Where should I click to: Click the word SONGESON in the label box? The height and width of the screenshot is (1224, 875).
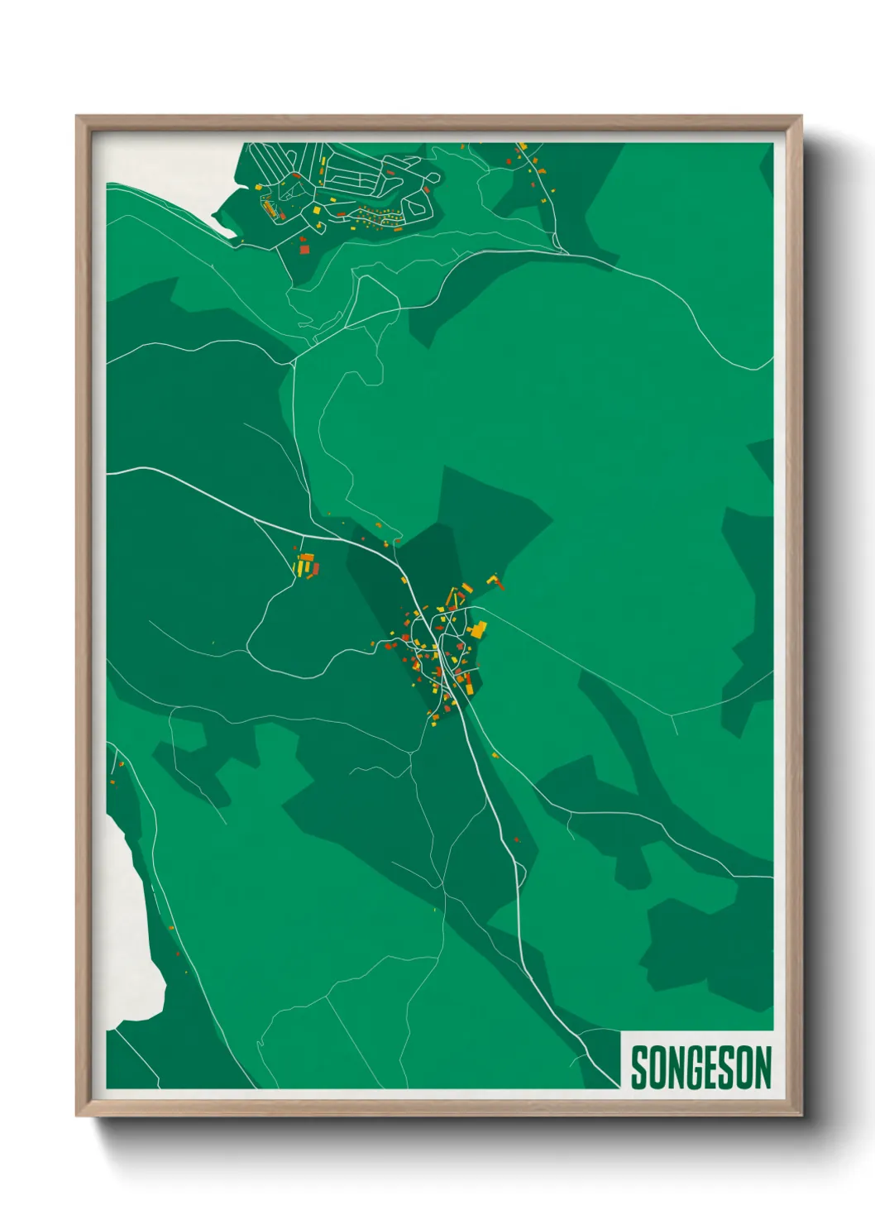pyautogui.click(x=700, y=1068)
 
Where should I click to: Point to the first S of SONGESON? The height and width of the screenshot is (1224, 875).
pyautogui.click(x=640, y=1068)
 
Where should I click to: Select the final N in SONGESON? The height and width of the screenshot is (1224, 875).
pyautogui.click(x=763, y=1068)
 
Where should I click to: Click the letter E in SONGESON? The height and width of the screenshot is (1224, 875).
pyautogui.click(x=710, y=1068)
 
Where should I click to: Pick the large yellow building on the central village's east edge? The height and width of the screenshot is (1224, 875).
pyautogui.click(x=477, y=630)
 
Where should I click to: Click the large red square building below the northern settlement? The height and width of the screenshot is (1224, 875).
pyautogui.click(x=304, y=248)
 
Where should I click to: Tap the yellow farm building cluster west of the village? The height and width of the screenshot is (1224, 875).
pyautogui.click(x=306, y=566)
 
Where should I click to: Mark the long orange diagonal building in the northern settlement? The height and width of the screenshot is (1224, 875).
pyautogui.click(x=268, y=207)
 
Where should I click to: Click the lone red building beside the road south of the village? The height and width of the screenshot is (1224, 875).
pyautogui.click(x=517, y=840)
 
